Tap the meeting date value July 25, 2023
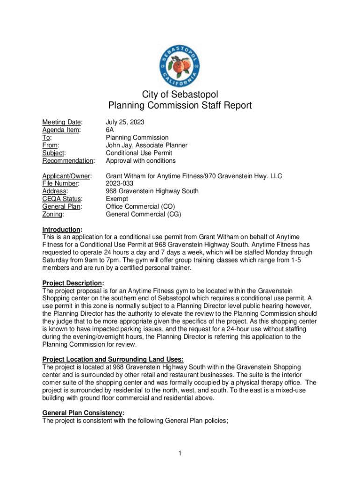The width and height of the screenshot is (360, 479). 125,122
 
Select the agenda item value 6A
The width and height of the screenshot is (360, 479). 110,130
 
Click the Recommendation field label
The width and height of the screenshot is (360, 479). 68,161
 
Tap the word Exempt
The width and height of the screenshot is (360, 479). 116,199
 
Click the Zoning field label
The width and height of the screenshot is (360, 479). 53,214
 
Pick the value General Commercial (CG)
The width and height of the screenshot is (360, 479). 143,214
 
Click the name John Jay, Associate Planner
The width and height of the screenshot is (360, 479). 146,145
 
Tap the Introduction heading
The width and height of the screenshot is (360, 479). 62,230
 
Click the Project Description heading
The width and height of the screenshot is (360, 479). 72,283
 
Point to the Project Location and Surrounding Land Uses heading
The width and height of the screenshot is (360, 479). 109,359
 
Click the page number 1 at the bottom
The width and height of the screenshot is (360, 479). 180,453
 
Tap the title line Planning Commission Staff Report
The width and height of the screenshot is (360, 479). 180,106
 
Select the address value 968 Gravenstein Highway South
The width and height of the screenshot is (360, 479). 152,191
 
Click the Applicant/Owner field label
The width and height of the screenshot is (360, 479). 67,176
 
